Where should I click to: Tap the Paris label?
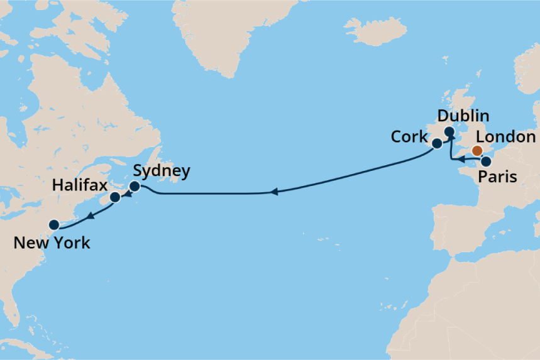coord(498,177)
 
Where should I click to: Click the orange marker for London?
coord(477,150)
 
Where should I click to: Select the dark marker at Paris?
coord(486,161)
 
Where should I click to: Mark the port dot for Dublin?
coord(449,132)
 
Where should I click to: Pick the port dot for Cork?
coord(436,144)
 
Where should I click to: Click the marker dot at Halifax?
coord(115,197)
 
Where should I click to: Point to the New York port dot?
coord(54,224)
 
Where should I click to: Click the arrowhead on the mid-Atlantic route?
coord(274,193)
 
